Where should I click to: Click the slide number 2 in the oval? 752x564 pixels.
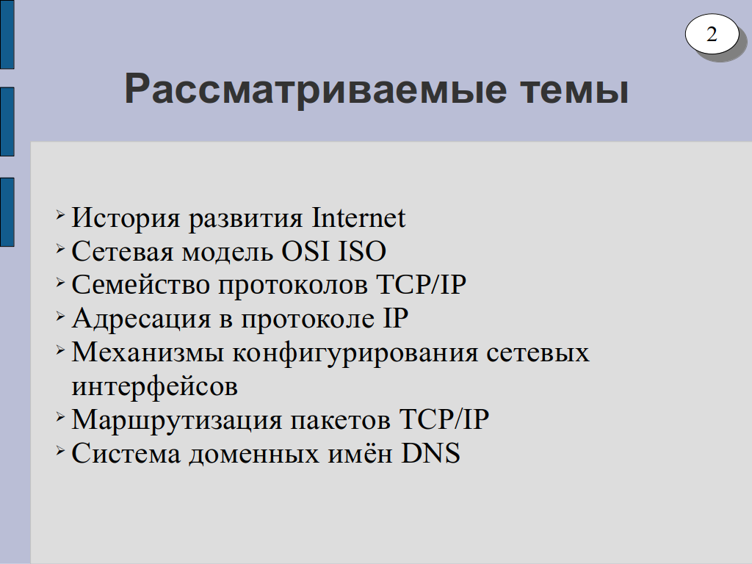tap(711, 34)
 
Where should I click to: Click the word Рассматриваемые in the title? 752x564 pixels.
tap(316, 89)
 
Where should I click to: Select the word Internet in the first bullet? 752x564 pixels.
tap(358, 217)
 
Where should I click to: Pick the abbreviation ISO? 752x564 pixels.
tap(362, 251)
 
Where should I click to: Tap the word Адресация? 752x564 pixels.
tap(141, 319)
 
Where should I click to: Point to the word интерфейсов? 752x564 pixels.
tap(154, 386)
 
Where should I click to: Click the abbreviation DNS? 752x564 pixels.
tap(430, 453)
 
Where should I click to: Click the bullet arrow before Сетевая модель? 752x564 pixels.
tap(60, 248)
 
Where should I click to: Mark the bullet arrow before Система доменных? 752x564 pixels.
tap(60, 450)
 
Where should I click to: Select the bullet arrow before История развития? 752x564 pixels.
tap(60, 214)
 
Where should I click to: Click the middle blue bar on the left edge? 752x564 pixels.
tap(7, 122)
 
